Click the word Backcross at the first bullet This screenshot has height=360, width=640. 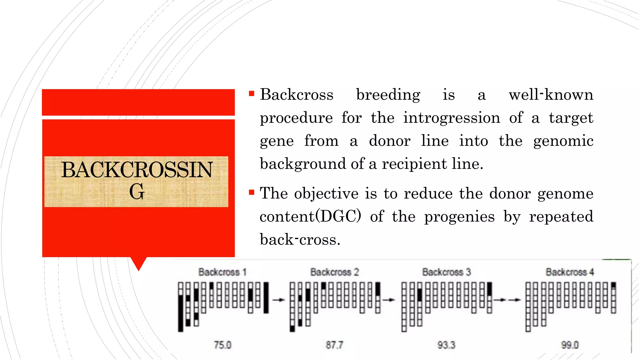point(297,95)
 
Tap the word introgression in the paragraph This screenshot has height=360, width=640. point(452,118)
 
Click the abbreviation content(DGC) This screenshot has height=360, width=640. point(310,216)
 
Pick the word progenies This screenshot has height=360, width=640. point(459,217)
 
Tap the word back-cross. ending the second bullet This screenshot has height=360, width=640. point(300,240)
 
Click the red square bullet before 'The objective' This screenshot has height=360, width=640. point(252,192)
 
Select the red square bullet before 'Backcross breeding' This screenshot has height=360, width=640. point(252,93)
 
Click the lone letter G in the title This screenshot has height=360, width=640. point(137,192)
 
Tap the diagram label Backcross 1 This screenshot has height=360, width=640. point(222,272)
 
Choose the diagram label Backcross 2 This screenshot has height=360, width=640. point(334,272)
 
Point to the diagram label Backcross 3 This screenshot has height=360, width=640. point(447,272)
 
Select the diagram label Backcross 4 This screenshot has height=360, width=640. point(570,272)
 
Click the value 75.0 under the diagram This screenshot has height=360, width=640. point(222,345)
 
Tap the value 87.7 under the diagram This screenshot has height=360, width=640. point(334,345)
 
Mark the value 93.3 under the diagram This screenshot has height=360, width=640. point(446,345)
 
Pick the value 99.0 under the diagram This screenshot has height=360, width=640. point(570,345)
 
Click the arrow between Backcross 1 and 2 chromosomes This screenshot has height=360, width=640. point(279,300)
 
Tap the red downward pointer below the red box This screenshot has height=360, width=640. point(138,263)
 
